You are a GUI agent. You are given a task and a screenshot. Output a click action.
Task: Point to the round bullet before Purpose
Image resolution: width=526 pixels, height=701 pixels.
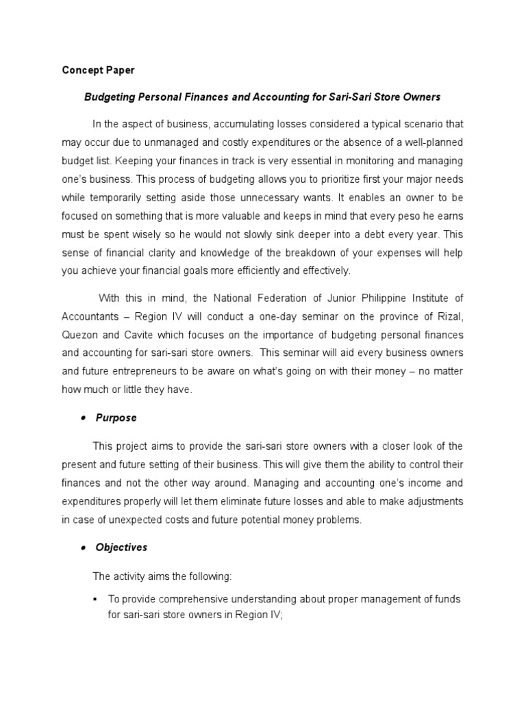pyautogui.click(x=83, y=418)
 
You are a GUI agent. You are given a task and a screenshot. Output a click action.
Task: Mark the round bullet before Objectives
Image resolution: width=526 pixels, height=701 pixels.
pyautogui.click(x=83, y=548)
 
